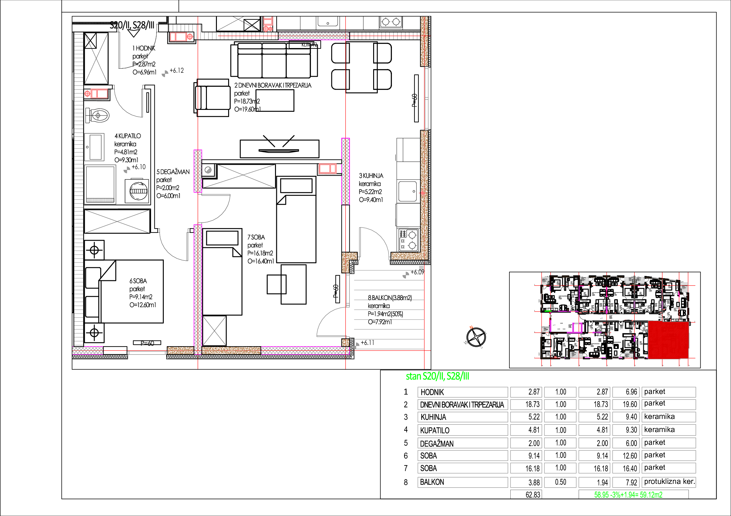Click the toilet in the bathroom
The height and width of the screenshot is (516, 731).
[98, 115]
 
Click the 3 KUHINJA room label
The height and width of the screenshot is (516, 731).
[371, 176]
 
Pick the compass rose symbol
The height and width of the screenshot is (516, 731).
[476, 337]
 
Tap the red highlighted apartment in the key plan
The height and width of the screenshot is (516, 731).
[668, 340]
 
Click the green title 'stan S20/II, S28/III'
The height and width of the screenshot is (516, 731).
[437, 376]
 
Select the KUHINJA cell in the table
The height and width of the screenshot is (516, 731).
[462, 417]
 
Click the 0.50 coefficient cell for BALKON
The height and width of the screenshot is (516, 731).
[560, 482]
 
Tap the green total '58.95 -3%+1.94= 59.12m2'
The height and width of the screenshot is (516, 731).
[628, 495]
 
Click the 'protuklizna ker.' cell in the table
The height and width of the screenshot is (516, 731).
[668, 482]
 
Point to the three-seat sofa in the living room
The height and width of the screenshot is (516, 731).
[274, 61]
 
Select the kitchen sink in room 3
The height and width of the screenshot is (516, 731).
[408, 191]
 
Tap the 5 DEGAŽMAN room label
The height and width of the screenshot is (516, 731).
[173, 172]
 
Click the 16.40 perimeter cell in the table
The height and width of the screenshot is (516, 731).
[629, 468]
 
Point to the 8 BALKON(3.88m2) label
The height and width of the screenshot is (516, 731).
[390, 298]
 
